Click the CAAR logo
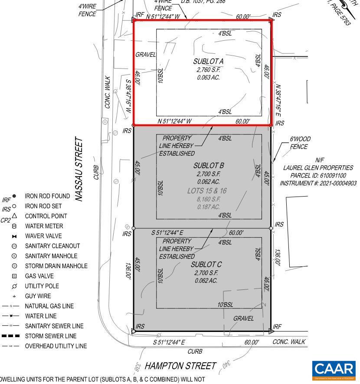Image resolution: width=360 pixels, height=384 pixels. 334,369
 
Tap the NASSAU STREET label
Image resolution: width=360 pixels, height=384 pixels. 79,169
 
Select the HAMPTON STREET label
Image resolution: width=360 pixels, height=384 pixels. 180,366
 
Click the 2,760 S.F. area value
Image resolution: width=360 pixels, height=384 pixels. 208,69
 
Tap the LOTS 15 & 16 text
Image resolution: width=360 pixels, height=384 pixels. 207,190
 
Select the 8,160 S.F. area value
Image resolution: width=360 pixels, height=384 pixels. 208,199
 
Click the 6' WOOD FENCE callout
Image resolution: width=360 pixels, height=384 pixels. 300,143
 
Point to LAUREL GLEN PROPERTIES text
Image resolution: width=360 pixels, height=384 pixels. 318,167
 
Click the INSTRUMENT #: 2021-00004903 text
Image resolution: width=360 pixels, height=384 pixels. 318,183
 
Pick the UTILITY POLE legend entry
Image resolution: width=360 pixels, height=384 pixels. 42,286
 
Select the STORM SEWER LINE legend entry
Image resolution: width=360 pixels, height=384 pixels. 50,336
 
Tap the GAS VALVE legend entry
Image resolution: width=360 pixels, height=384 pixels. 39,276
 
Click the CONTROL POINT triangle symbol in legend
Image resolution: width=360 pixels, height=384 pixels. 14,216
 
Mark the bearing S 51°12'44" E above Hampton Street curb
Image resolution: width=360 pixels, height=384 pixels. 169,342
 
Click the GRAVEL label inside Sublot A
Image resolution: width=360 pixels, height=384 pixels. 145,55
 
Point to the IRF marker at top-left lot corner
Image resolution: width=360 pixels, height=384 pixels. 139,15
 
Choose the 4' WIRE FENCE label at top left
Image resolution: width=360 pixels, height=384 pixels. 87,10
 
